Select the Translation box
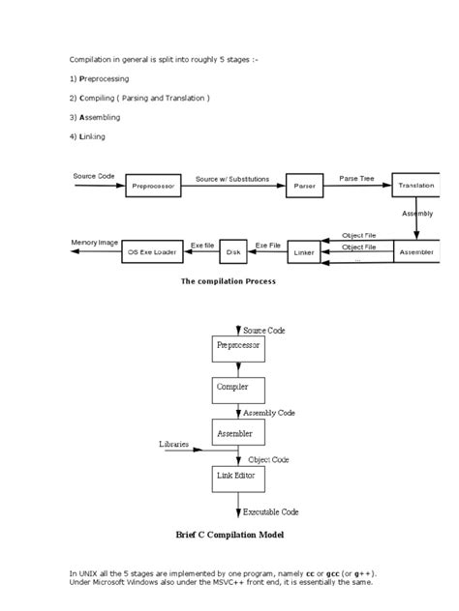(x=416, y=185)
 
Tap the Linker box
(x=304, y=252)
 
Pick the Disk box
(x=233, y=252)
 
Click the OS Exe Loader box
(x=153, y=252)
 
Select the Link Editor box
(x=238, y=478)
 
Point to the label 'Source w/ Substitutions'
(x=232, y=178)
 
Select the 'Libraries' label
(x=175, y=444)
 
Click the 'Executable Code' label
(x=271, y=510)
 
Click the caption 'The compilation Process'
(x=229, y=281)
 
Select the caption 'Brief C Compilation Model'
(x=229, y=535)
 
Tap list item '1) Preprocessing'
(x=105, y=77)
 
